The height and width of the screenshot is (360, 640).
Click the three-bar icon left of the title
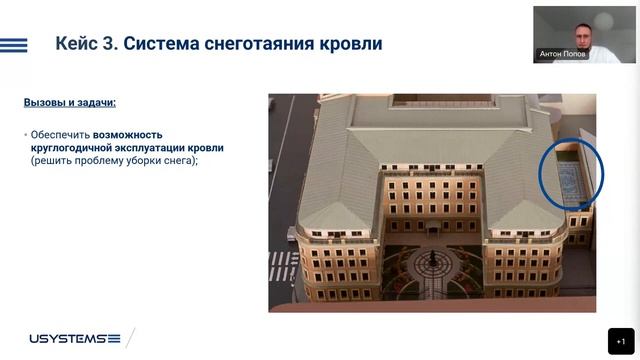[x=14, y=44]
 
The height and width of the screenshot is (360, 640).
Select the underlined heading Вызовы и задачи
[x=69, y=102]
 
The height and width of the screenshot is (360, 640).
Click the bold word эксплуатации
[x=149, y=147]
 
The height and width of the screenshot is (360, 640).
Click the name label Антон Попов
[x=562, y=54]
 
